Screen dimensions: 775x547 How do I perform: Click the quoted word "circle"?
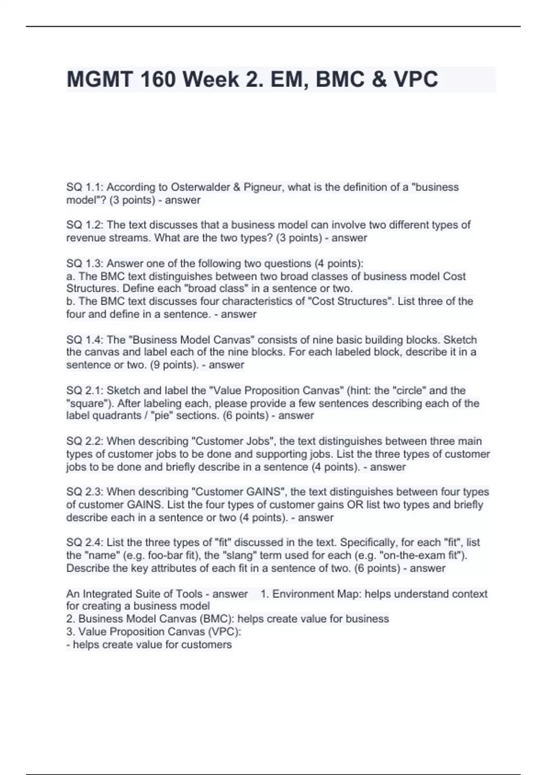click(409, 391)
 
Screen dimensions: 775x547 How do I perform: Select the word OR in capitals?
click(354, 505)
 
